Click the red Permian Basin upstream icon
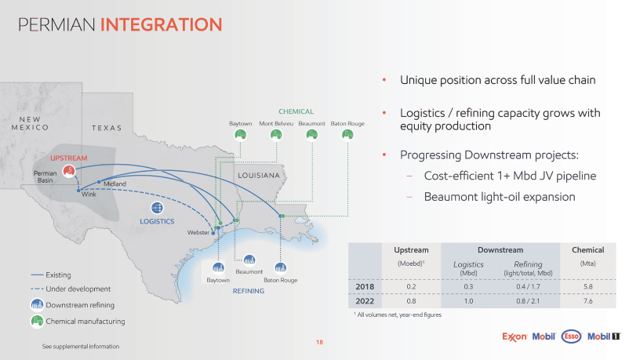point(69,171)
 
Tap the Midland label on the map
point(115,184)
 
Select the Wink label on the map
point(89,195)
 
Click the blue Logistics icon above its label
point(157,208)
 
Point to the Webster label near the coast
point(198,233)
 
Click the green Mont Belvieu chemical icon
point(276,134)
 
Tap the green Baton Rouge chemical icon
point(347,134)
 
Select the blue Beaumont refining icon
point(249,260)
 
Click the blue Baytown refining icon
point(218,267)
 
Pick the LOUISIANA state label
point(259,176)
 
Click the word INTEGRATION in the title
point(162,24)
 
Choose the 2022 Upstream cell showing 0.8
point(411,301)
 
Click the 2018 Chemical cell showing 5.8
point(587,286)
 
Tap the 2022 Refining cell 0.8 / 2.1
point(528,301)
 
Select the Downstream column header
point(500,249)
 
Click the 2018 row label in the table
point(365,286)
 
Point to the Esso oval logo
point(572,336)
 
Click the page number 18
point(319,342)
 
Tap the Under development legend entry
point(71,289)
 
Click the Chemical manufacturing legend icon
point(37,322)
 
